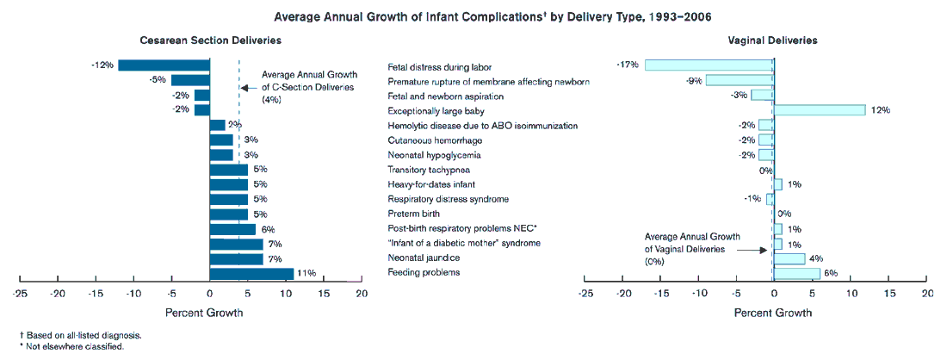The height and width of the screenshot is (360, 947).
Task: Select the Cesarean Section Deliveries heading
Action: (x=210, y=40)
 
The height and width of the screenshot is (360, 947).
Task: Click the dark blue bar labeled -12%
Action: (x=164, y=65)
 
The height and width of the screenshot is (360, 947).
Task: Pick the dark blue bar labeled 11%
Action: (x=251, y=274)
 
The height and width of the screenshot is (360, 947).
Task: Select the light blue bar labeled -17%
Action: (x=709, y=65)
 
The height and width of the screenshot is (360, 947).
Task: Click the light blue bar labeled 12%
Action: (x=819, y=110)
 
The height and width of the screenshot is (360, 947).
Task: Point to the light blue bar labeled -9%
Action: (x=740, y=80)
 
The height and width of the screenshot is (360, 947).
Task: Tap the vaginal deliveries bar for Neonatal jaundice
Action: (x=789, y=258)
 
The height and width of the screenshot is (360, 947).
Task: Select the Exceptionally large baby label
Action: (x=436, y=110)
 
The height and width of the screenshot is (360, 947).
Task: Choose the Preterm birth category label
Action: (x=414, y=214)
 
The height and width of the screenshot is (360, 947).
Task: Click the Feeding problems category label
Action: (x=424, y=273)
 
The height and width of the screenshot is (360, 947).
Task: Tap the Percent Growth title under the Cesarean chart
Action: (x=203, y=313)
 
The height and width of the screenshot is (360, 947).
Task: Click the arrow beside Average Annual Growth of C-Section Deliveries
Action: (x=247, y=88)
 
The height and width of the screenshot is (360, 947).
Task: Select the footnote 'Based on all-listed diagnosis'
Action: (x=82, y=336)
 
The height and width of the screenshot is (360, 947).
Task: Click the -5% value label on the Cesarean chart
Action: (x=158, y=80)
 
